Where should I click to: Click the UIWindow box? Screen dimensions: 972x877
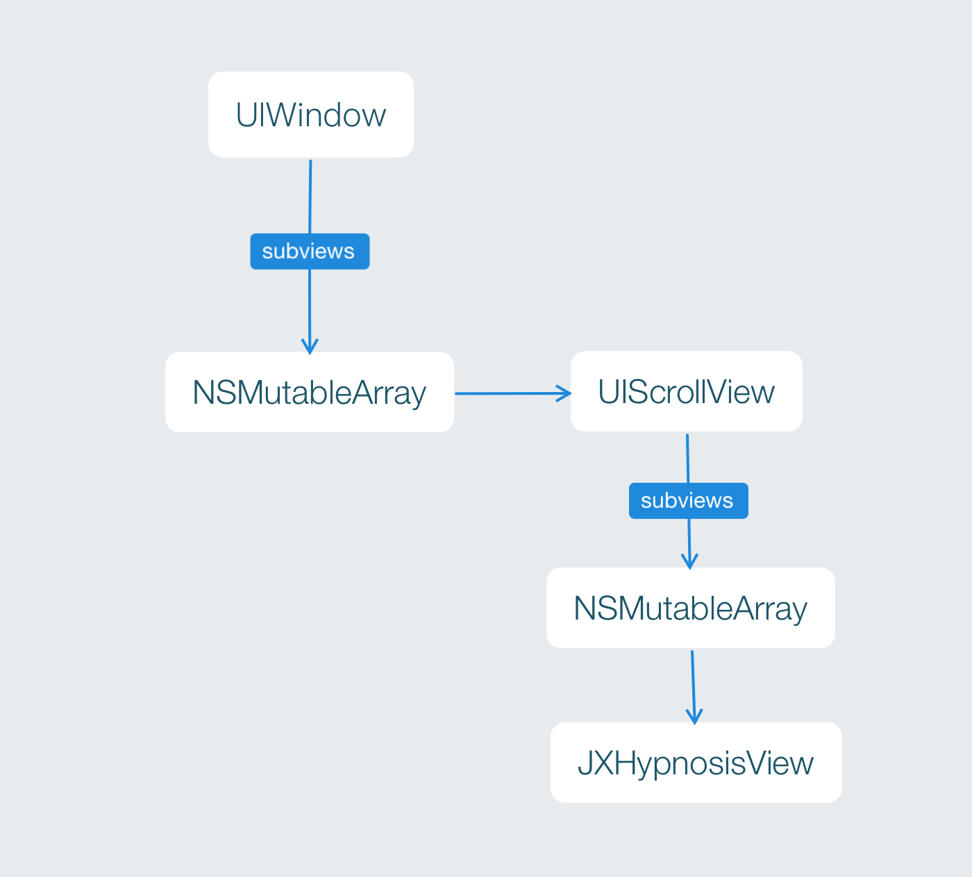click(310, 114)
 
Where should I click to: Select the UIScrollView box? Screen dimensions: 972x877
click(687, 391)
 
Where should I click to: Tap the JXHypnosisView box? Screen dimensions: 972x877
click(696, 763)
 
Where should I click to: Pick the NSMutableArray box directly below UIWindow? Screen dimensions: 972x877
click(310, 392)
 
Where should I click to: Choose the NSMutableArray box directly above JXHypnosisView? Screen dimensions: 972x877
click(691, 608)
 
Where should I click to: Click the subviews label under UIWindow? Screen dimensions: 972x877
click(310, 251)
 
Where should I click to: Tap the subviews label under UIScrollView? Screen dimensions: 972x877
click(689, 501)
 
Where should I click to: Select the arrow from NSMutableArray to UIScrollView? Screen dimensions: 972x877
click(513, 393)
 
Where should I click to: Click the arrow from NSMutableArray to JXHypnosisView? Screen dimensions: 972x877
click(694, 687)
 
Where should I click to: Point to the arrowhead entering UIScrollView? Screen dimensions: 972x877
click(564, 393)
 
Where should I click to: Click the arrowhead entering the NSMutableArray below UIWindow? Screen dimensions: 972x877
click(310, 346)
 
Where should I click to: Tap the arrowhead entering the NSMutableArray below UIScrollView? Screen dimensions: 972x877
click(689, 562)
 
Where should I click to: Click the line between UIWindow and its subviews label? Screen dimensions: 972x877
click(310, 197)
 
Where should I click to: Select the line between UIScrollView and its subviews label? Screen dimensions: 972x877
click(687, 459)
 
